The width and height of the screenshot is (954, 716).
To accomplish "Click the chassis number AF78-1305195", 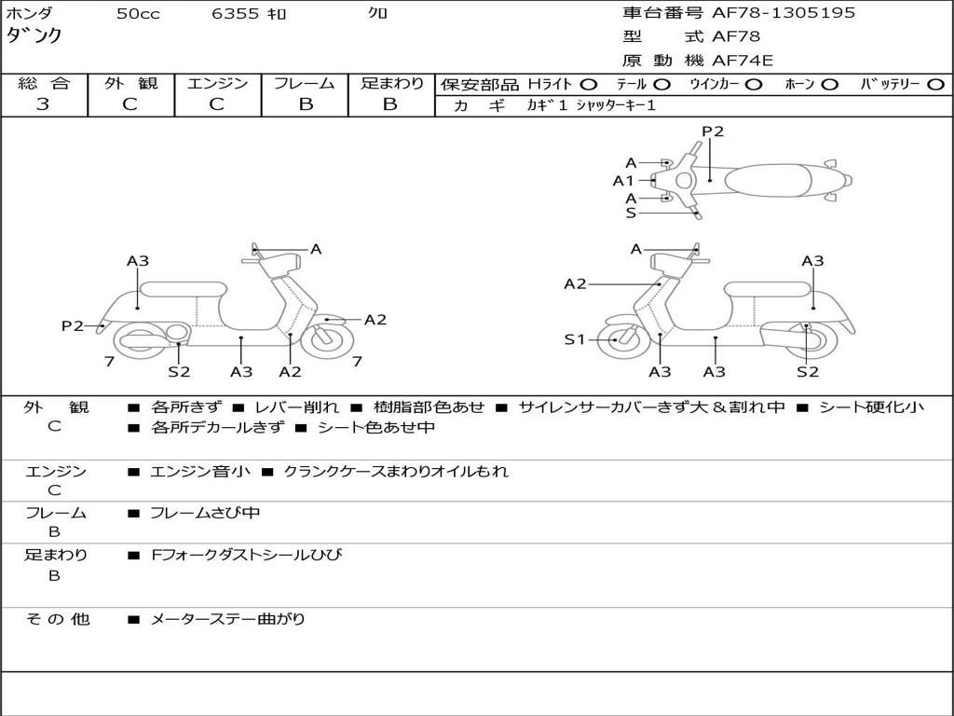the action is tap(784, 13).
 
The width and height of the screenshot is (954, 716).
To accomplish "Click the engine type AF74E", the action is tap(743, 61).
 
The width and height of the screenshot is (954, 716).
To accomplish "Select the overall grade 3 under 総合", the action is tap(43, 104).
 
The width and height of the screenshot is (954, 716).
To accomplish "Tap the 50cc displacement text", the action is tap(138, 14).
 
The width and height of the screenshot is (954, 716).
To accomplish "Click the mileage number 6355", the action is tap(236, 14).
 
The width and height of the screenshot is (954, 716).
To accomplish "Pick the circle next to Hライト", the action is tap(589, 85).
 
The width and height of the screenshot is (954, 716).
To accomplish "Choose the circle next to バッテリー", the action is tap(936, 85).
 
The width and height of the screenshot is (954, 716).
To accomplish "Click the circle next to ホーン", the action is tap(829, 85).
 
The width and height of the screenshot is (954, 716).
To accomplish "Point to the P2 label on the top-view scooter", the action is tap(713, 131).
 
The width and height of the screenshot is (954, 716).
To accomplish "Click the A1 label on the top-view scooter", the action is tap(623, 181).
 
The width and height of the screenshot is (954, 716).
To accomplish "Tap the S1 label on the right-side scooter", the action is tap(574, 339).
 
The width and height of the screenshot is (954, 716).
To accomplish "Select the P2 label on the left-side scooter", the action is tap(73, 326).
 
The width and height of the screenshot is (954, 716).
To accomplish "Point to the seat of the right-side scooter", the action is tap(768, 289).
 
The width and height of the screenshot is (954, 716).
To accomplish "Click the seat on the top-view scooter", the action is tap(768, 181).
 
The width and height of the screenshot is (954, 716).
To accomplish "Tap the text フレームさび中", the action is tap(205, 514).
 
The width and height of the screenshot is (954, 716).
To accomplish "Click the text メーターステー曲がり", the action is tap(227, 619).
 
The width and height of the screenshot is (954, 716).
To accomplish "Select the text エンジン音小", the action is tap(199, 471).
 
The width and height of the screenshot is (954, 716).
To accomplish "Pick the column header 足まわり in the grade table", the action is tap(392, 83).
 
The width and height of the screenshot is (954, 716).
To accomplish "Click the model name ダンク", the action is tap(34, 35).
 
